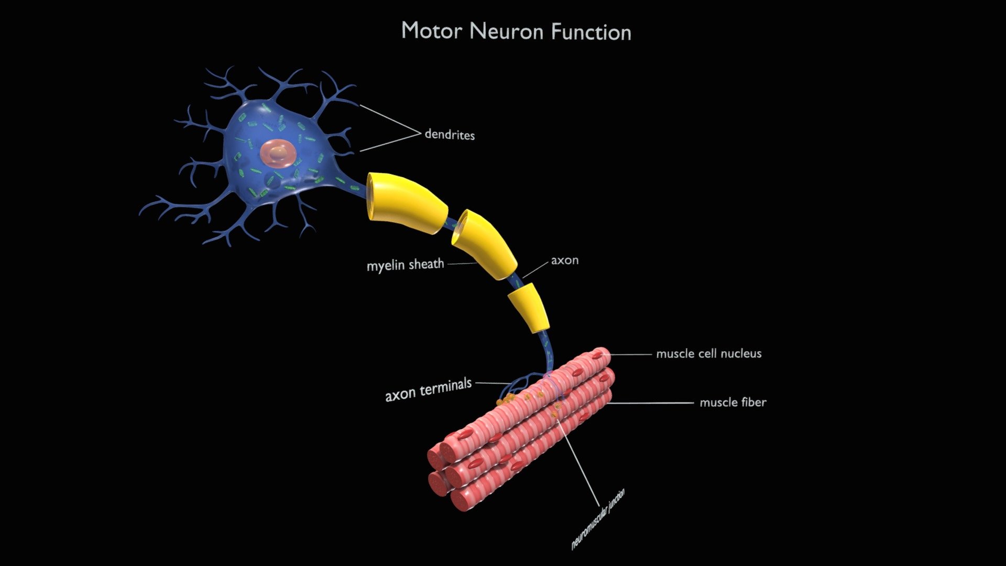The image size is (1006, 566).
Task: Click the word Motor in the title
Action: (432, 30)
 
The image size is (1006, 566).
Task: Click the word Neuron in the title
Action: (507, 31)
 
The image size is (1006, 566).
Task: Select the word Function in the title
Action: (591, 32)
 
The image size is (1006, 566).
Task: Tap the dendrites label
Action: (450, 134)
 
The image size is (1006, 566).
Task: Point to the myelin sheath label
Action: (405, 265)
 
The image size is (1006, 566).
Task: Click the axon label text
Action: (565, 260)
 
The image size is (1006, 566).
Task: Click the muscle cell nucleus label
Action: (709, 354)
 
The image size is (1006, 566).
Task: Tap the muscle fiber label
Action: (733, 402)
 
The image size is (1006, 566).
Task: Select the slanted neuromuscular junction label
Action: (598, 519)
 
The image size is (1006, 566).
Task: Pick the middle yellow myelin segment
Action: (484, 245)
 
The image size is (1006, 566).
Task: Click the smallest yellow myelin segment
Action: (528, 308)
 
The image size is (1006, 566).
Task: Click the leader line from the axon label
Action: (535, 269)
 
